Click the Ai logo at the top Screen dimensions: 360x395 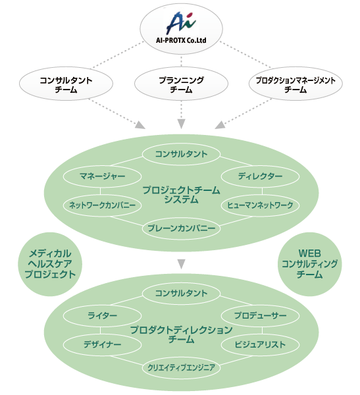(x=181, y=22)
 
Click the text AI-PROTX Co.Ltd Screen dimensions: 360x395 (x=181, y=40)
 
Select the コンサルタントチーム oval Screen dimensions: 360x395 (x=66, y=84)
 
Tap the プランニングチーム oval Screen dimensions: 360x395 (x=181, y=84)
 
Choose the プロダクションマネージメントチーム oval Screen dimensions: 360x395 (x=296, y=84)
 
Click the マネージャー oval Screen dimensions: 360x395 (x=102, y=176)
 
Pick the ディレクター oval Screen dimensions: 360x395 (x=260, y=176)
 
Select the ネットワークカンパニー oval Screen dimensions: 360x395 (x=102, y=205)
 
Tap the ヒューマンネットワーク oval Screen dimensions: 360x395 (x=260, y=205)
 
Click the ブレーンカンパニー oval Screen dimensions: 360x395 (x=181, y=228)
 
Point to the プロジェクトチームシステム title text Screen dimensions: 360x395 (x=181, y=194)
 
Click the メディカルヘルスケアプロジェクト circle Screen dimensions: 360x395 (x=50, y=264)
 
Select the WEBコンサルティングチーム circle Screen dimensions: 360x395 (x=309, y=264)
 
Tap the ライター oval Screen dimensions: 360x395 (x=102, y=315)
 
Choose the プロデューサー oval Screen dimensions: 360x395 (x=260, y=315)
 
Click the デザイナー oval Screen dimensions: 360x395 (x=102, y=344)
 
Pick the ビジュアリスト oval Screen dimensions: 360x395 (x=260, y=344)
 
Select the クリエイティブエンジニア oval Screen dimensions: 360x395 (x=181, y=368)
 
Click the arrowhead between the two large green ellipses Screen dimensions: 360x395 (x=181, y=264)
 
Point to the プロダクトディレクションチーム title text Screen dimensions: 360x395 (x=181, y=334)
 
